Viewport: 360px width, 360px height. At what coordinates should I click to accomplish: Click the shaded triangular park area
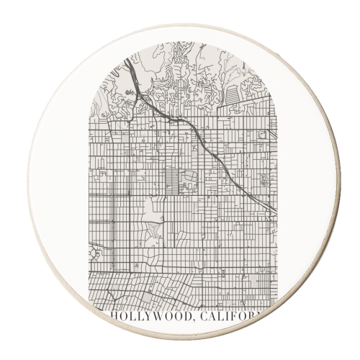(x=153, y=230)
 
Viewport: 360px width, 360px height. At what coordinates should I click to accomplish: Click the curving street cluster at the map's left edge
(x=95, y=253)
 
